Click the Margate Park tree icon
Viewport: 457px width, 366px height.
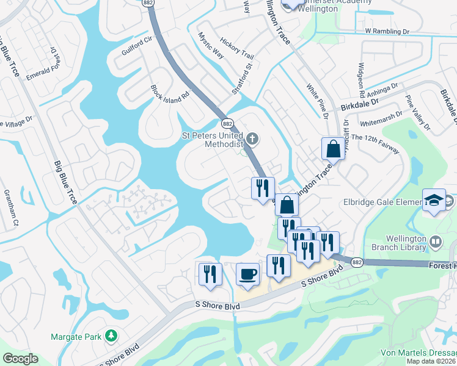pos(111,335)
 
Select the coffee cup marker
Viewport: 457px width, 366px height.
pos(247,274)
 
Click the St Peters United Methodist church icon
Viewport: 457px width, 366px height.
pos(253,138)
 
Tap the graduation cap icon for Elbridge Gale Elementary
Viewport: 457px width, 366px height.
pos(433,201)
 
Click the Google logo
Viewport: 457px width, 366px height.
pos(20,359)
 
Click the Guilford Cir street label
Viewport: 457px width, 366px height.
pos(136,47)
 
